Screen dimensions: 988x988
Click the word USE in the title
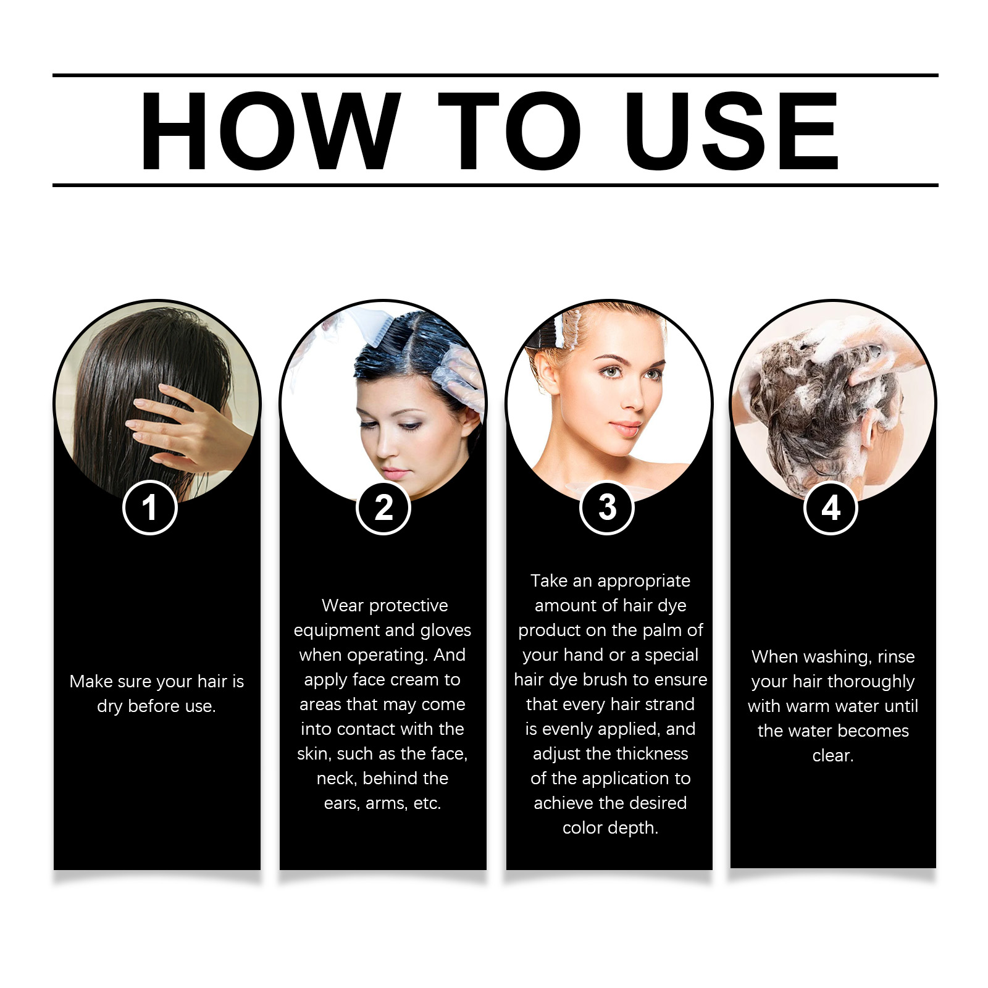click(731, 132)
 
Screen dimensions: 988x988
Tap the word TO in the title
click(509, 132)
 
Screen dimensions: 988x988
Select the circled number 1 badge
click(150, 508)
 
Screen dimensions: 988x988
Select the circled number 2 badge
click(383, 508)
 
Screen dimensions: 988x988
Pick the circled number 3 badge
click(607, 508)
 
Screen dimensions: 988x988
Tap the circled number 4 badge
click(831, 508)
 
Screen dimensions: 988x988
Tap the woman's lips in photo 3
click(625, 428)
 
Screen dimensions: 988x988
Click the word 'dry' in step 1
click(110, 706)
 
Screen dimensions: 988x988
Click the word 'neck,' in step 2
click(337, 779)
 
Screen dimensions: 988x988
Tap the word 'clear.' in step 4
click(833, 756)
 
